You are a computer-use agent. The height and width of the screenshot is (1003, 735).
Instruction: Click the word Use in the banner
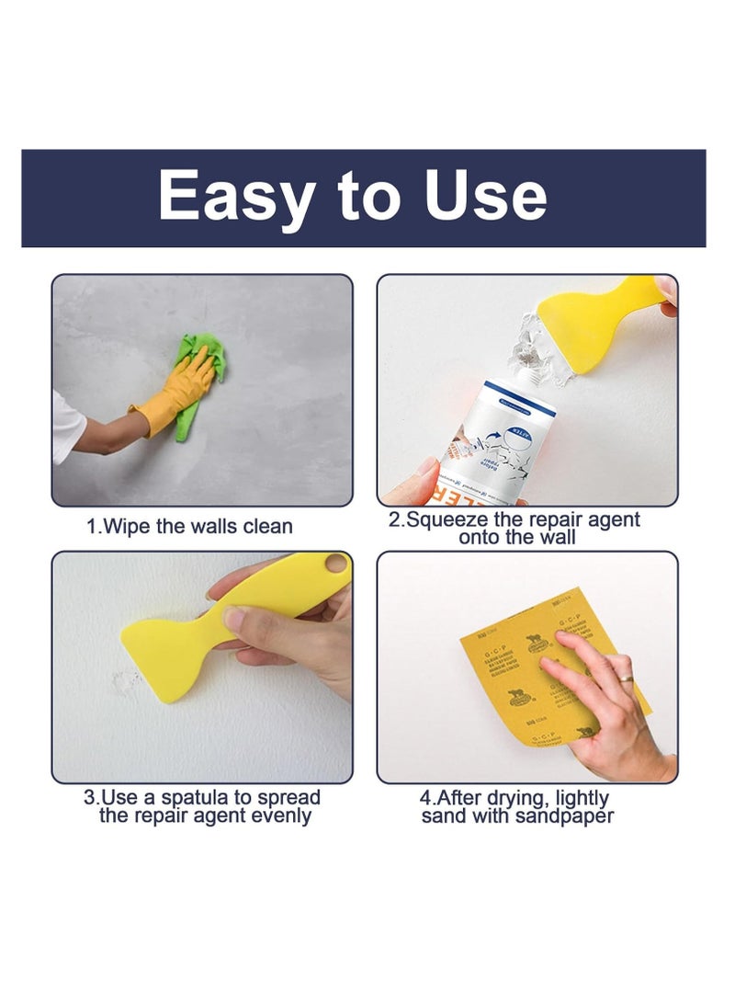pos(486,196)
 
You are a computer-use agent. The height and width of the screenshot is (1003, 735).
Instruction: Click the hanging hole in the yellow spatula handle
pos(336,562)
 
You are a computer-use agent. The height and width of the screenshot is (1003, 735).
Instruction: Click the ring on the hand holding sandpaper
pos(625,678)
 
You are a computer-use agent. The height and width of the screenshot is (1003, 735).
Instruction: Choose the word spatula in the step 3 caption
pos(217,798)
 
